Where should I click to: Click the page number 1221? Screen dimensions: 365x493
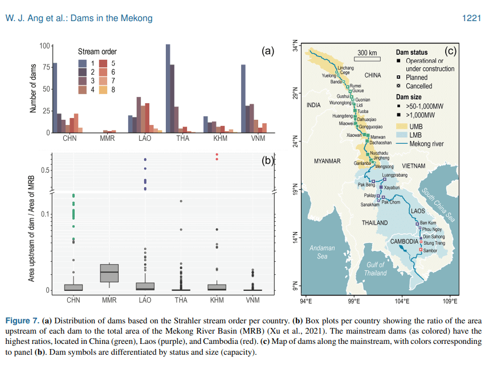[472, 18]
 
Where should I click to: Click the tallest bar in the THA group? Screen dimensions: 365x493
[168, 88]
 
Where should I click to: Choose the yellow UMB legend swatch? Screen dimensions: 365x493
[401, 126]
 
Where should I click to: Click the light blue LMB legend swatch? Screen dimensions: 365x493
[401, 135]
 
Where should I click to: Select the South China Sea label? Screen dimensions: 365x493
[436, 205]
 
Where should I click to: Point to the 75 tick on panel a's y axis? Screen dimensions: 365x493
[45, 67]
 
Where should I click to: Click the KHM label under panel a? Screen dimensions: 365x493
[217, 139]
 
